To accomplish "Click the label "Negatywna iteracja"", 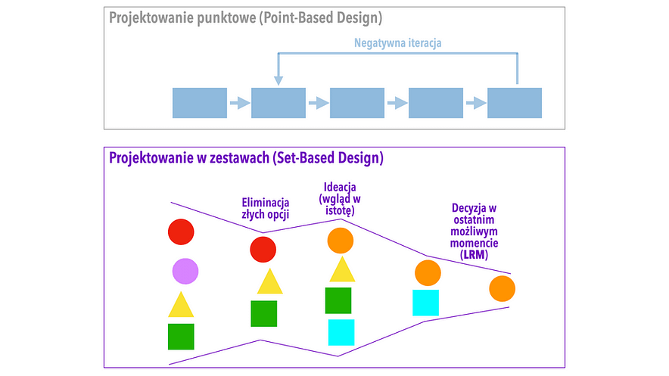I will coord(397,43).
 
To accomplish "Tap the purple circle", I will coord(185,271).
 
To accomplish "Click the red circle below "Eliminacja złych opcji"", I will coord(263,250).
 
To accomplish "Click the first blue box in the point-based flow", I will coord(200,103).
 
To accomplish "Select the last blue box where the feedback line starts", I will coord(515,103).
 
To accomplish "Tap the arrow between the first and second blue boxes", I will coord(239,103).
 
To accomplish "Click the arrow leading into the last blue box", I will coord(475,103).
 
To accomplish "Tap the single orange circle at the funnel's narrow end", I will coord(502,289).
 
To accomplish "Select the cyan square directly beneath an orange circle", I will coord(426,303).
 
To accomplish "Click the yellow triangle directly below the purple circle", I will coord(181,305).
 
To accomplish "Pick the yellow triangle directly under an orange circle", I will coord(342,270).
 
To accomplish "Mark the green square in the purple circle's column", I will coord(181,337).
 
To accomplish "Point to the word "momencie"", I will coord(474,244).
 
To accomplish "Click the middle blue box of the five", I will coord(357,103).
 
